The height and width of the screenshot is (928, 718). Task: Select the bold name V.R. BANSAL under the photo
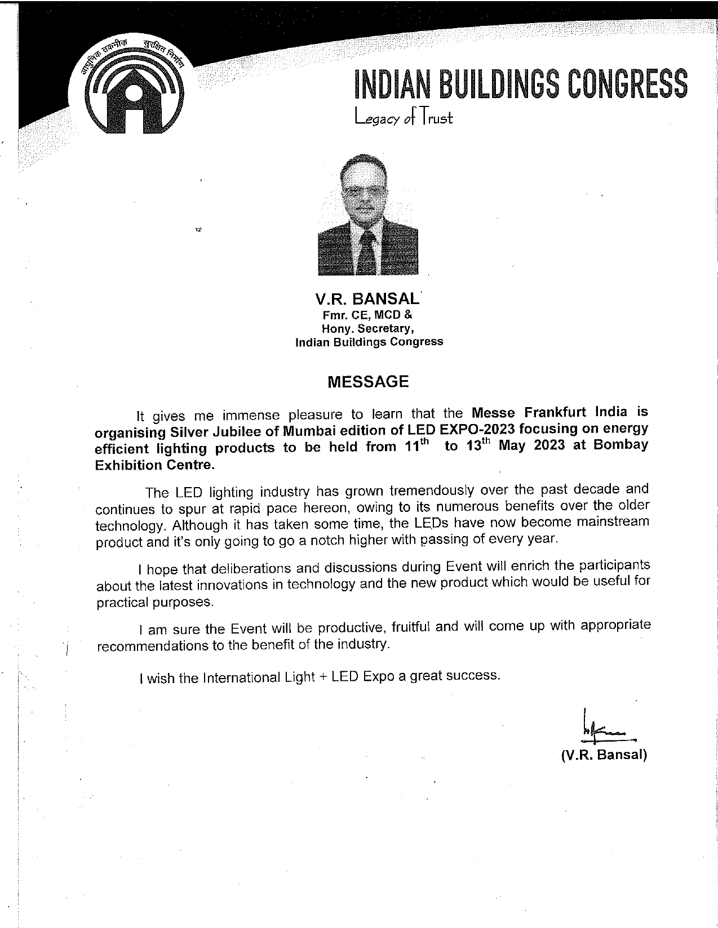(x=367, y=299)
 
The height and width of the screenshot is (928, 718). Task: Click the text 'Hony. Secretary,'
(x=367, y=328)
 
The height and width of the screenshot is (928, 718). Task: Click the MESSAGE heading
(x=368, y=382)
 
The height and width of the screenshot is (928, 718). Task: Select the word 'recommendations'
(x=153, y=646)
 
